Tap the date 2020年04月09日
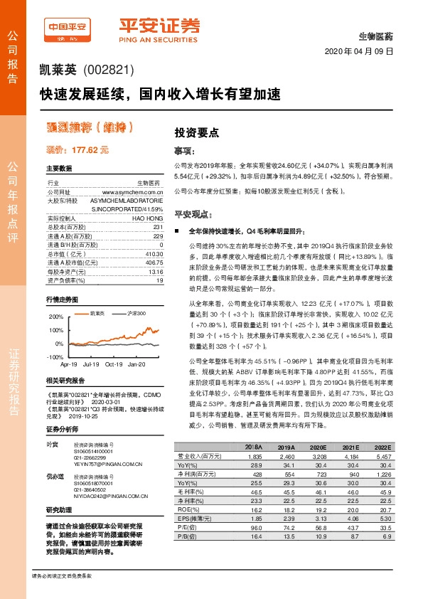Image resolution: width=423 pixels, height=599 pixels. coord(358,52)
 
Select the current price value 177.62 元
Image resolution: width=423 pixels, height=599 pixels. coord(77,150)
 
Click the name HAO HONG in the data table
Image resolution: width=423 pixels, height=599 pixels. coord(147,218)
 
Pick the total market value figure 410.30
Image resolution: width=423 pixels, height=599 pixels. coord(154,253)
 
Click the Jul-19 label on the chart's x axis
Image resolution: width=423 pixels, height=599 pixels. coord(90,364)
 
